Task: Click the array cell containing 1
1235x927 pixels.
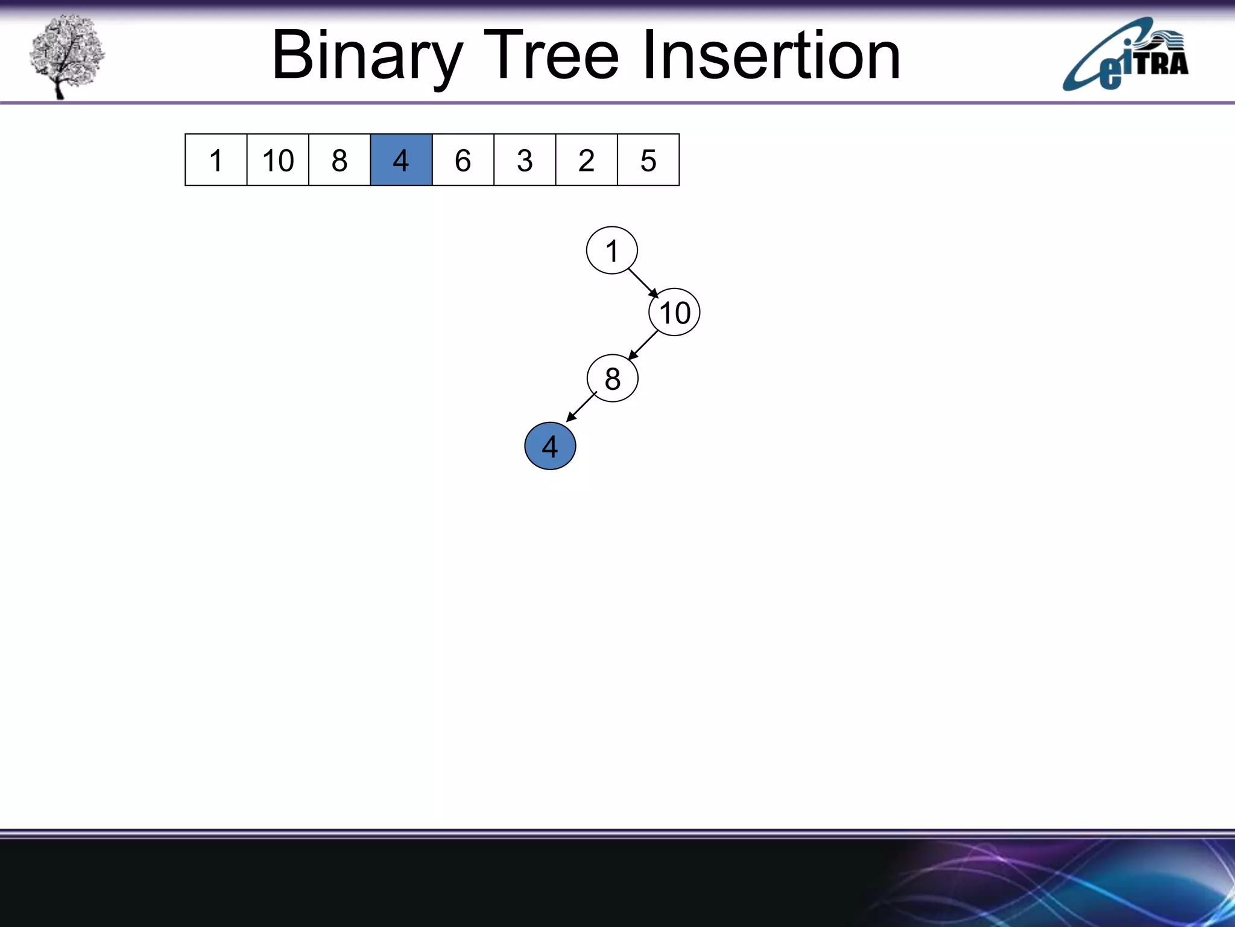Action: [216, 160]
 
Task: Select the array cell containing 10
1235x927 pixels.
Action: [277, 160]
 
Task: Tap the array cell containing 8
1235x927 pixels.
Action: [340, 160]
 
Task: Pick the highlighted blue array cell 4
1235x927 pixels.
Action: [401, 160]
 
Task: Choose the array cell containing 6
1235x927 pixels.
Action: [463, 160]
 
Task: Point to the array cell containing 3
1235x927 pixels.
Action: [525, 160]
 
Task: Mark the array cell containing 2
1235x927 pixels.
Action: [586, 160]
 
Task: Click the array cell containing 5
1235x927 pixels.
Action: [648, 160]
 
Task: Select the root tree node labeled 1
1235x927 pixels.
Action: [611, 250]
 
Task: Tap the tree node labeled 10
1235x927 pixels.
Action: [674, 313]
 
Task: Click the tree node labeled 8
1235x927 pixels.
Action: [612, 379]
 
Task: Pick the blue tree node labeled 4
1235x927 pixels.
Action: [550, 447]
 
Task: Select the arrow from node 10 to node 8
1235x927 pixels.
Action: [643, 345]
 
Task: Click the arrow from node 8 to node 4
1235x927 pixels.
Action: [581, 407]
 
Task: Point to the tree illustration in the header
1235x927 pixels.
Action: [66, 56]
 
